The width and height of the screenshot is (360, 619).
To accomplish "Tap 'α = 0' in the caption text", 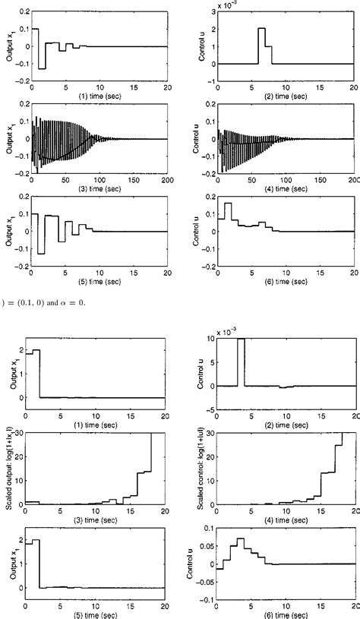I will click(64, 303).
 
